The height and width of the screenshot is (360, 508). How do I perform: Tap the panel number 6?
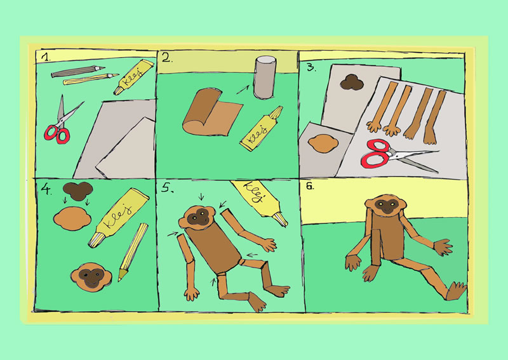pos(310,186)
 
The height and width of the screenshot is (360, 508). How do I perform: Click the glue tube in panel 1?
pos(133,77)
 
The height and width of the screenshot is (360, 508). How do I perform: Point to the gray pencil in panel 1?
pos(77,71)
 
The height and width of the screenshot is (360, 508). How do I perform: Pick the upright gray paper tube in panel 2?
pos(265,77)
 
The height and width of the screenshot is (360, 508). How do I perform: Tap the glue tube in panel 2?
pos(261,129)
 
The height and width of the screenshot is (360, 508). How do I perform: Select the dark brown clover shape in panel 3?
pos(352,83)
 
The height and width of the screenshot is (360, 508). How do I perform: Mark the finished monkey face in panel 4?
pos(91,276)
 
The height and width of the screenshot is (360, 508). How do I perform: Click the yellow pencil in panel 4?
pos(133,252)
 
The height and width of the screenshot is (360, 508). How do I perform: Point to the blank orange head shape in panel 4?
pos(72,218)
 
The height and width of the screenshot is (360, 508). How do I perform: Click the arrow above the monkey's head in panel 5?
pos(201,196)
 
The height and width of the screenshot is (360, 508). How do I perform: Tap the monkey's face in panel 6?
pos(385,206)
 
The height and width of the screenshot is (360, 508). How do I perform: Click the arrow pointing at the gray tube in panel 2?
pos(243,90)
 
